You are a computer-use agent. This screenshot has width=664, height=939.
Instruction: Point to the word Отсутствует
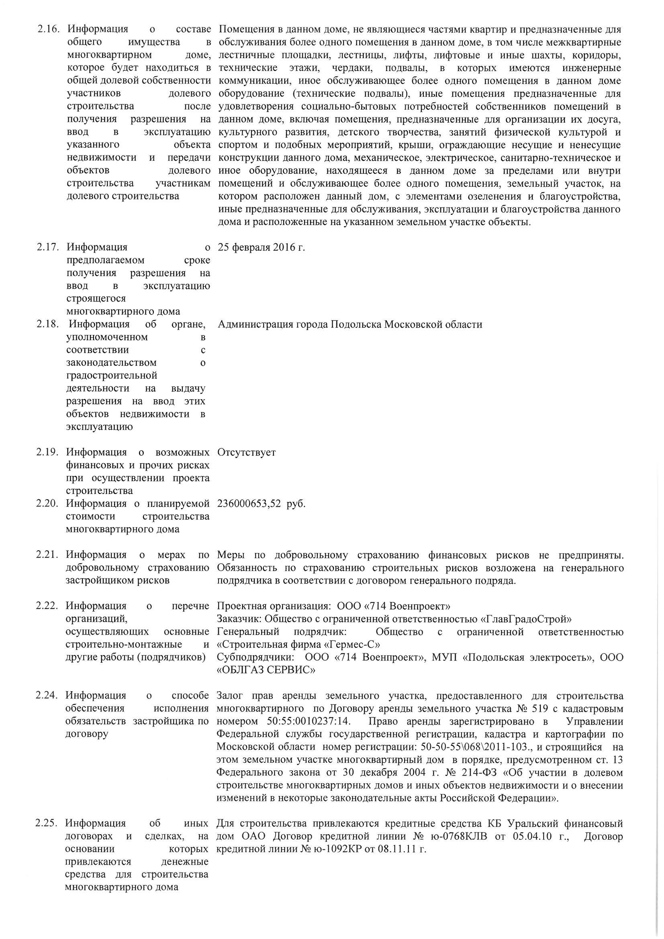pyautogui.click(x=247, y=453)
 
